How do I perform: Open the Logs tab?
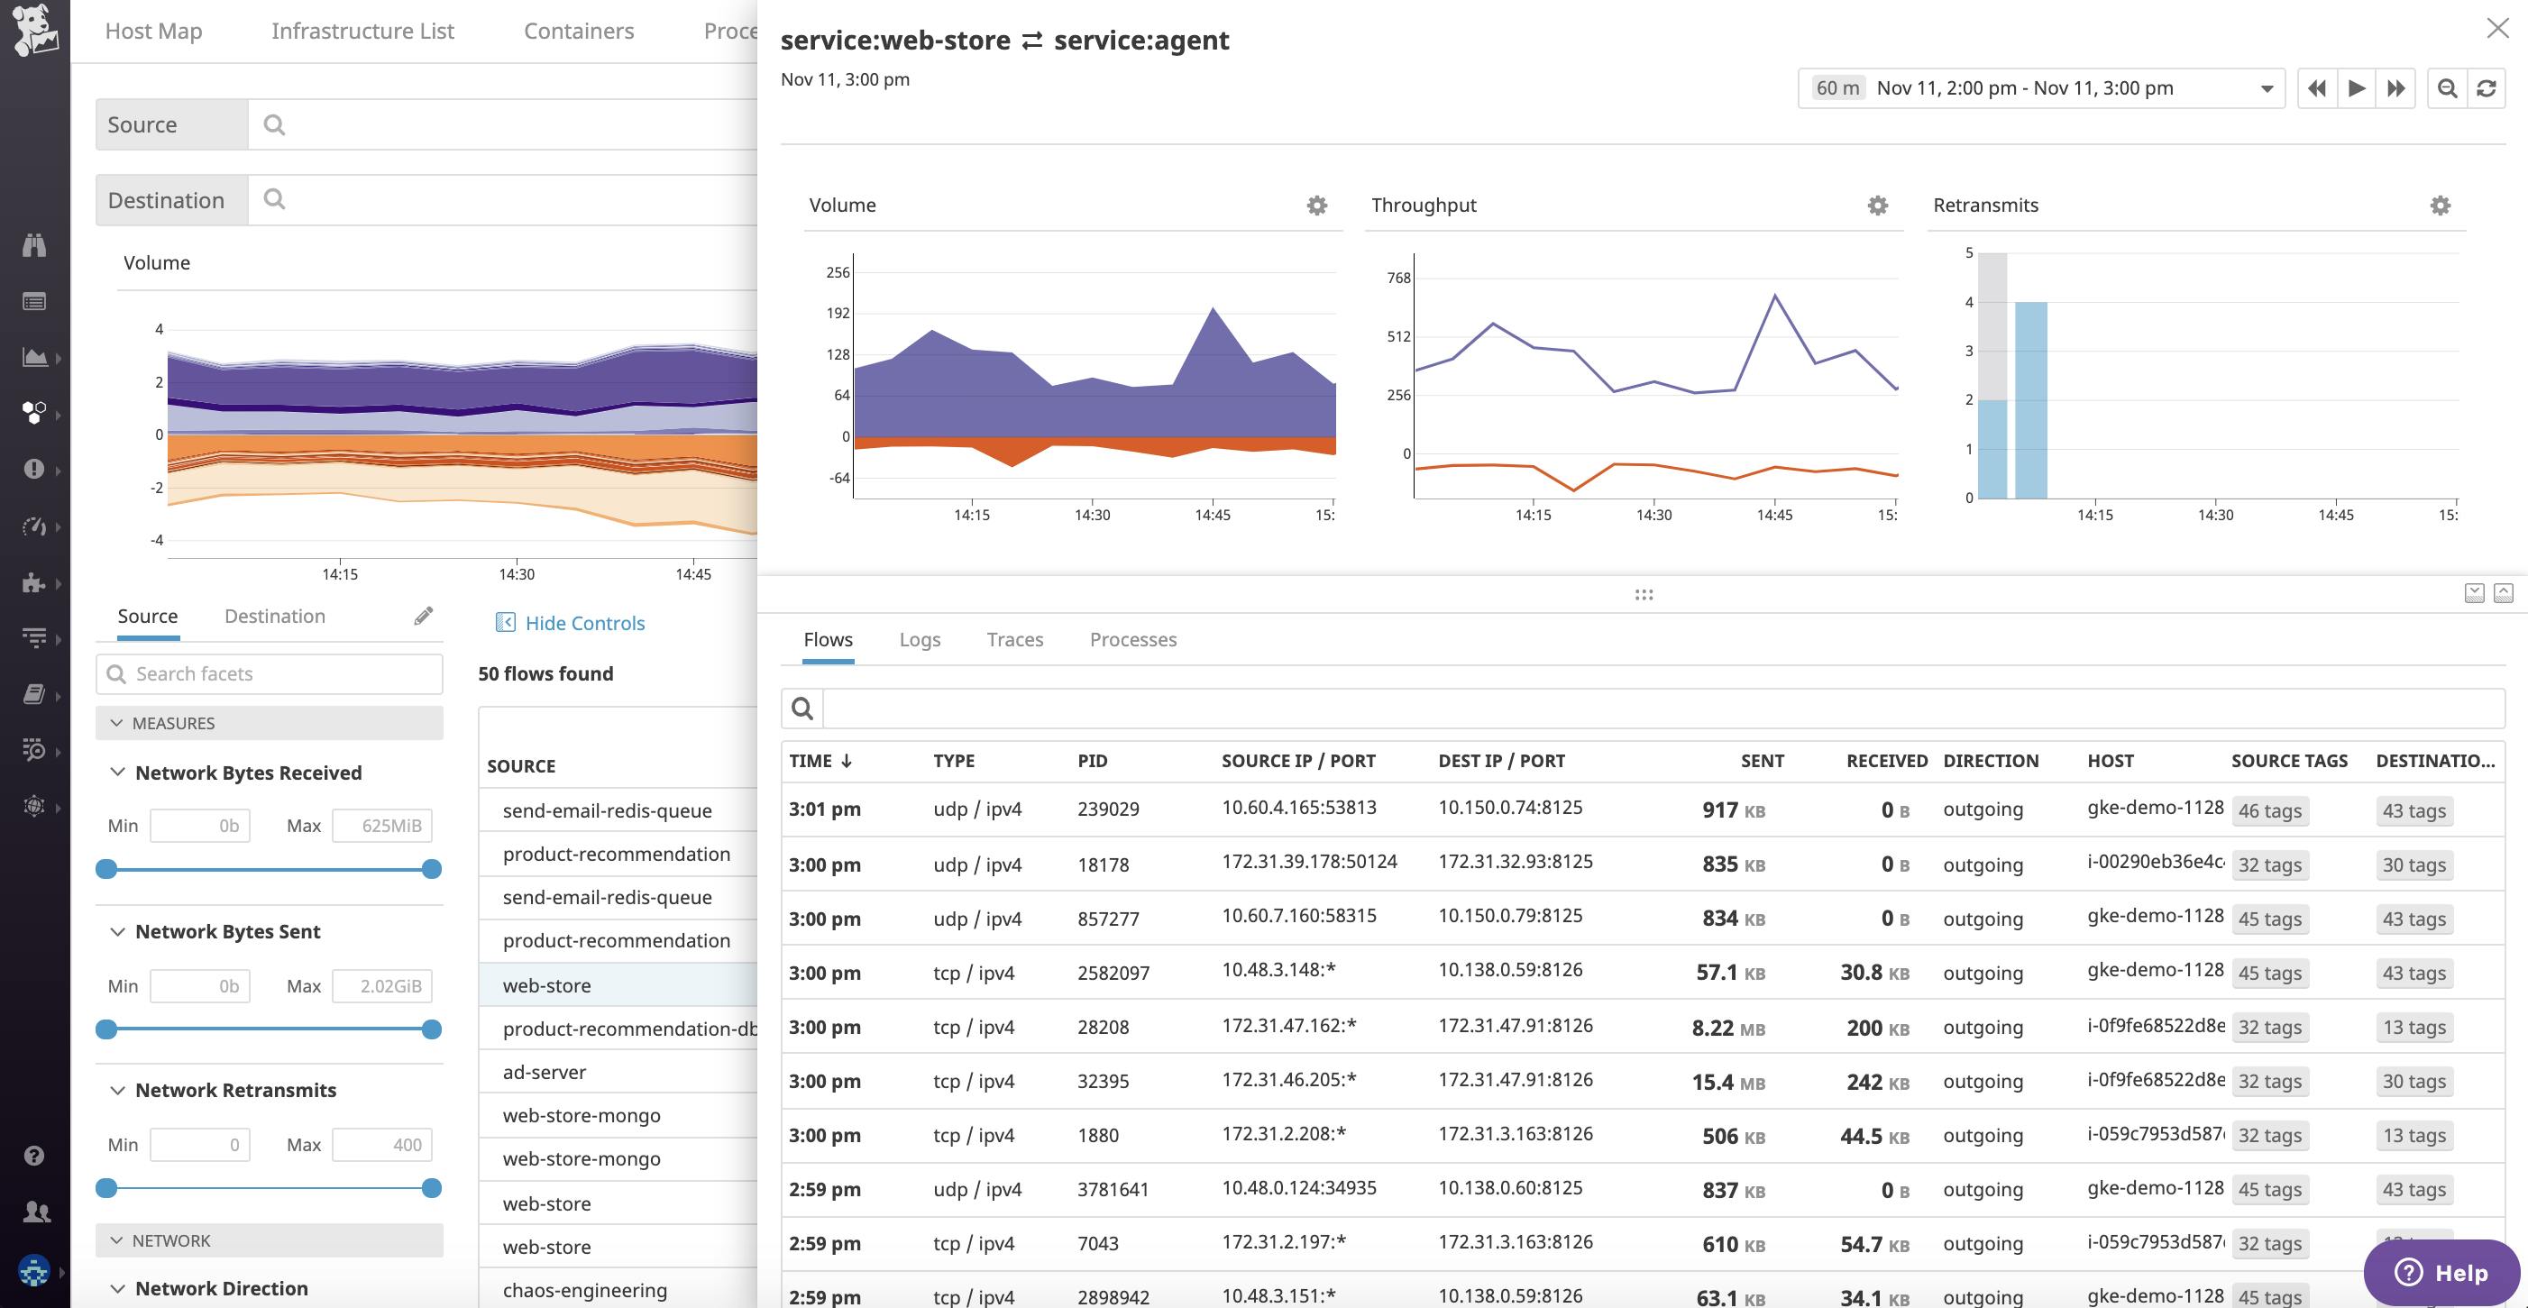coord(920,640)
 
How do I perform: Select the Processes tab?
coord(1132,640)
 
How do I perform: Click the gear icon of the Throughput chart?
coord(1876,206)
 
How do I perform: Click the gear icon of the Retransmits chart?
coord(2440,206)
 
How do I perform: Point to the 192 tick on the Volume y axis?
coord(837,313)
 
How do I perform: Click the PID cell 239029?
coord(1108,809)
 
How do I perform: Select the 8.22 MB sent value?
coord(1727,1028)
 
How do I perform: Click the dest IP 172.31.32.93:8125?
coord(1516,862)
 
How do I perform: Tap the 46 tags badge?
coord(2269,811)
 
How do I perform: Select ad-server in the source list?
coord(545,1073)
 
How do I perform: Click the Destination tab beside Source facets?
coord(275,617)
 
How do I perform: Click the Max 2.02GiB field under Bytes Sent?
coord(381,986)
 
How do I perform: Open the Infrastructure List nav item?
coord(362,32)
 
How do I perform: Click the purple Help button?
coord(2441,1272)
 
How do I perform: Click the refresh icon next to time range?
coord(2486,88)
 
